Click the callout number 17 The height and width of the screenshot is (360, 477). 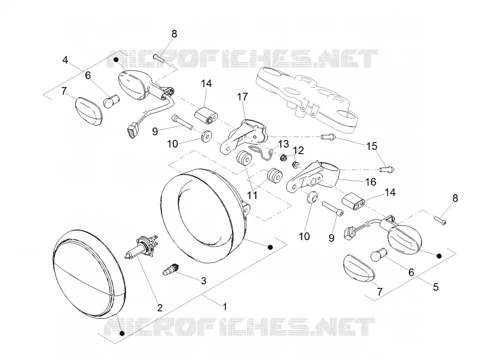pos(243,97)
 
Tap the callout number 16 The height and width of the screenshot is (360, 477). pos(370,182)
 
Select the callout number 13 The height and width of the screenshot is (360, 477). pos(283,143)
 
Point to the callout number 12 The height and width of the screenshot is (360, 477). pos(299,150)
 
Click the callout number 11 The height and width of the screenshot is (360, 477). pos(252,195)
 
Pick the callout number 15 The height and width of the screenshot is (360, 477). pos(371,146)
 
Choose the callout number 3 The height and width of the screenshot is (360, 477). pos(203,281)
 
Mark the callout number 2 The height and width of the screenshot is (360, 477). pos(160,308)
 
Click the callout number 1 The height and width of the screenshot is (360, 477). pos(225,306)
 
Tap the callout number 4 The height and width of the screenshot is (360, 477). pos(65,60)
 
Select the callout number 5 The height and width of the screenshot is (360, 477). pos(436,287)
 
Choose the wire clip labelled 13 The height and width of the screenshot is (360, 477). pos(262,152)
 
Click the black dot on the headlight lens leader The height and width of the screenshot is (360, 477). pos(122,334)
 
